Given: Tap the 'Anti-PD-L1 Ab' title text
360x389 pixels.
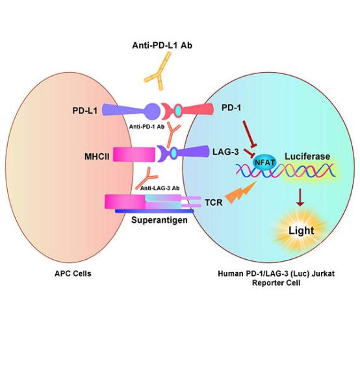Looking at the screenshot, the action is (x=162, y=45).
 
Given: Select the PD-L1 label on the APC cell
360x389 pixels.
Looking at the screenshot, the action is (x=85, y=110).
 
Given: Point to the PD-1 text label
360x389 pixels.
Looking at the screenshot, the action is (x=231, y=108).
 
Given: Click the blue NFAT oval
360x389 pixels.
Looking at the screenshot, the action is (x=264, y=163).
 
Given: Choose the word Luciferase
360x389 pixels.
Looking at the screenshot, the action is (x=307, y=157).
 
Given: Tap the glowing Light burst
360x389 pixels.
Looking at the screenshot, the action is (x=301, y=231).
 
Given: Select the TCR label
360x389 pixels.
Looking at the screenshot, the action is (x=214, y=203).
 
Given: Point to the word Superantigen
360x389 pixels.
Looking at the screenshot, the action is (x=159, y=220).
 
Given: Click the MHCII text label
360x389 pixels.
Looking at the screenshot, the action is (x=97, y=157).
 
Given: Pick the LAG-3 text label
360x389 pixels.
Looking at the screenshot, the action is (x=225, y=151).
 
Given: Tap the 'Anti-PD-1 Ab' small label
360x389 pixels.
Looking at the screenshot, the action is (x=146, y=127).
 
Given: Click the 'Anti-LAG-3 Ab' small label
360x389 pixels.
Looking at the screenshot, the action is (x=160, y=188).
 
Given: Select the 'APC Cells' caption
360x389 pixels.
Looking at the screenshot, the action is (x=73, y=273).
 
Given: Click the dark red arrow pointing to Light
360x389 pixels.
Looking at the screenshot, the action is (x=300, y=197).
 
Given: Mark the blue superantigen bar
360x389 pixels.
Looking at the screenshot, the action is (x=154, y=211).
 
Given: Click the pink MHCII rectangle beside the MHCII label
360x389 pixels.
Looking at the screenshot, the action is (x=135, y=155).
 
